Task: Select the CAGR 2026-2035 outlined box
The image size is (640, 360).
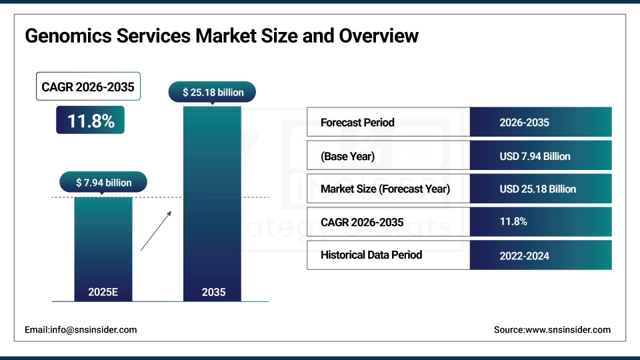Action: [x=88, y=87]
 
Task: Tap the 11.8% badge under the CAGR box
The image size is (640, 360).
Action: [x=90, y=121]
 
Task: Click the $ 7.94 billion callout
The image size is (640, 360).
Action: [x=103, y=182]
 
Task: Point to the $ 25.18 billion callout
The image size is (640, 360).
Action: [x=213, y=92]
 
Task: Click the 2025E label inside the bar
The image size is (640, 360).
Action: [x=103, y=291]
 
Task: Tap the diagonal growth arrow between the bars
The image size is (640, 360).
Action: [x=156, y=231]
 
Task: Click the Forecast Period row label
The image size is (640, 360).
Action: [x=357, y=123]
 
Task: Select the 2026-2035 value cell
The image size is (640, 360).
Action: [x=524, y=123]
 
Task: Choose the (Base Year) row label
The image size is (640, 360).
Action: [x=347, y=156]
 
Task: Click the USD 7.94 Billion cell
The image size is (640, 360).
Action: [x=535, y=156]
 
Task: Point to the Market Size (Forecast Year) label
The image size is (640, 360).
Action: [x=385, y=189]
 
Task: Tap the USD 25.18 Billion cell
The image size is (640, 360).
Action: [x=537, y=189]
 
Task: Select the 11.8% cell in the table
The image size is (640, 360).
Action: [x=513, y=221]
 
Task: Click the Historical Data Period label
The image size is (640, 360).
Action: [x=371, y=255]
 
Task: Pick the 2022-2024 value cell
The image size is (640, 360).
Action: [x=524, y=255]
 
